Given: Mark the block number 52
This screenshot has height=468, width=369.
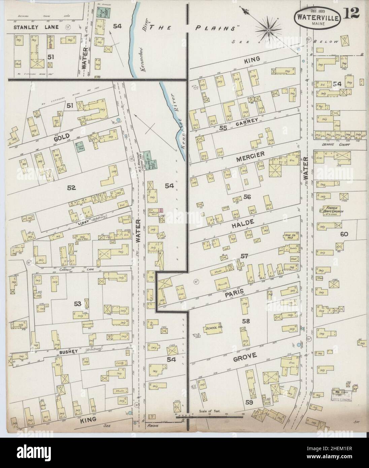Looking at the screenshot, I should pos(71,188).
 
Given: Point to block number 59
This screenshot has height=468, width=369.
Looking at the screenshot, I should pos(249,402).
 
